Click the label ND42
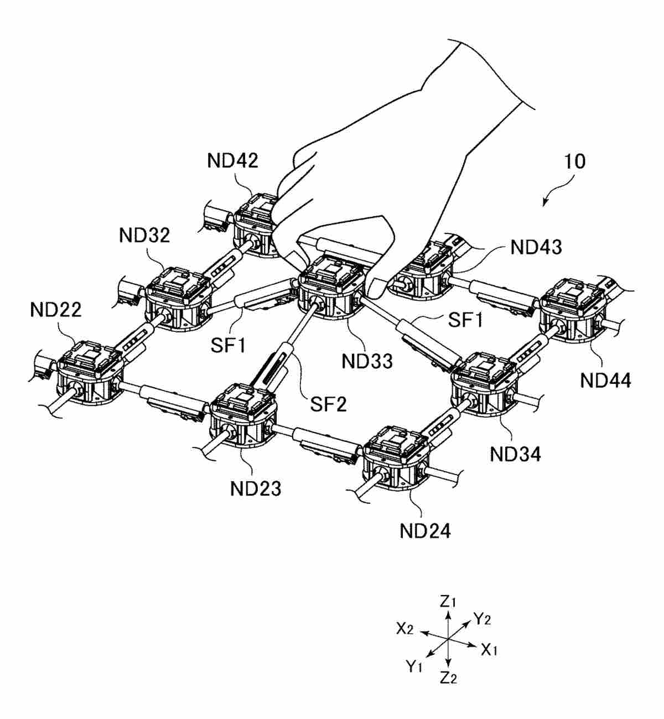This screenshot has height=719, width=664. (x=232, y=161)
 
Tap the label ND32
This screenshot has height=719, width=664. (x=144, y=235)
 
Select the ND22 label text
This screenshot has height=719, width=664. (x=56, y=309)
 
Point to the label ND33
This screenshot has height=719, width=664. (x=367, y=361)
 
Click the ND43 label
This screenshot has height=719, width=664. (x=536, y=247)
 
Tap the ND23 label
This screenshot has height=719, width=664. (x=256, y=488)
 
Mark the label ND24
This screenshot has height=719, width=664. (x=425, y=531)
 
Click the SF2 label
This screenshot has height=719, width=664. (x=328, y=404)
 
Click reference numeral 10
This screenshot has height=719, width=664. (x=575, y=161)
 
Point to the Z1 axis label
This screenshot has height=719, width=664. (x=448, y=601)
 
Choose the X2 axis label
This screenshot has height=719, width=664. (x=405, y=628)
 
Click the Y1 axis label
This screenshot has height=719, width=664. (x=414, y=666)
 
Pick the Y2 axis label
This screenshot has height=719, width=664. (x=482, y=619)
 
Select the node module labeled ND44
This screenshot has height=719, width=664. (x=573, y=312)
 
